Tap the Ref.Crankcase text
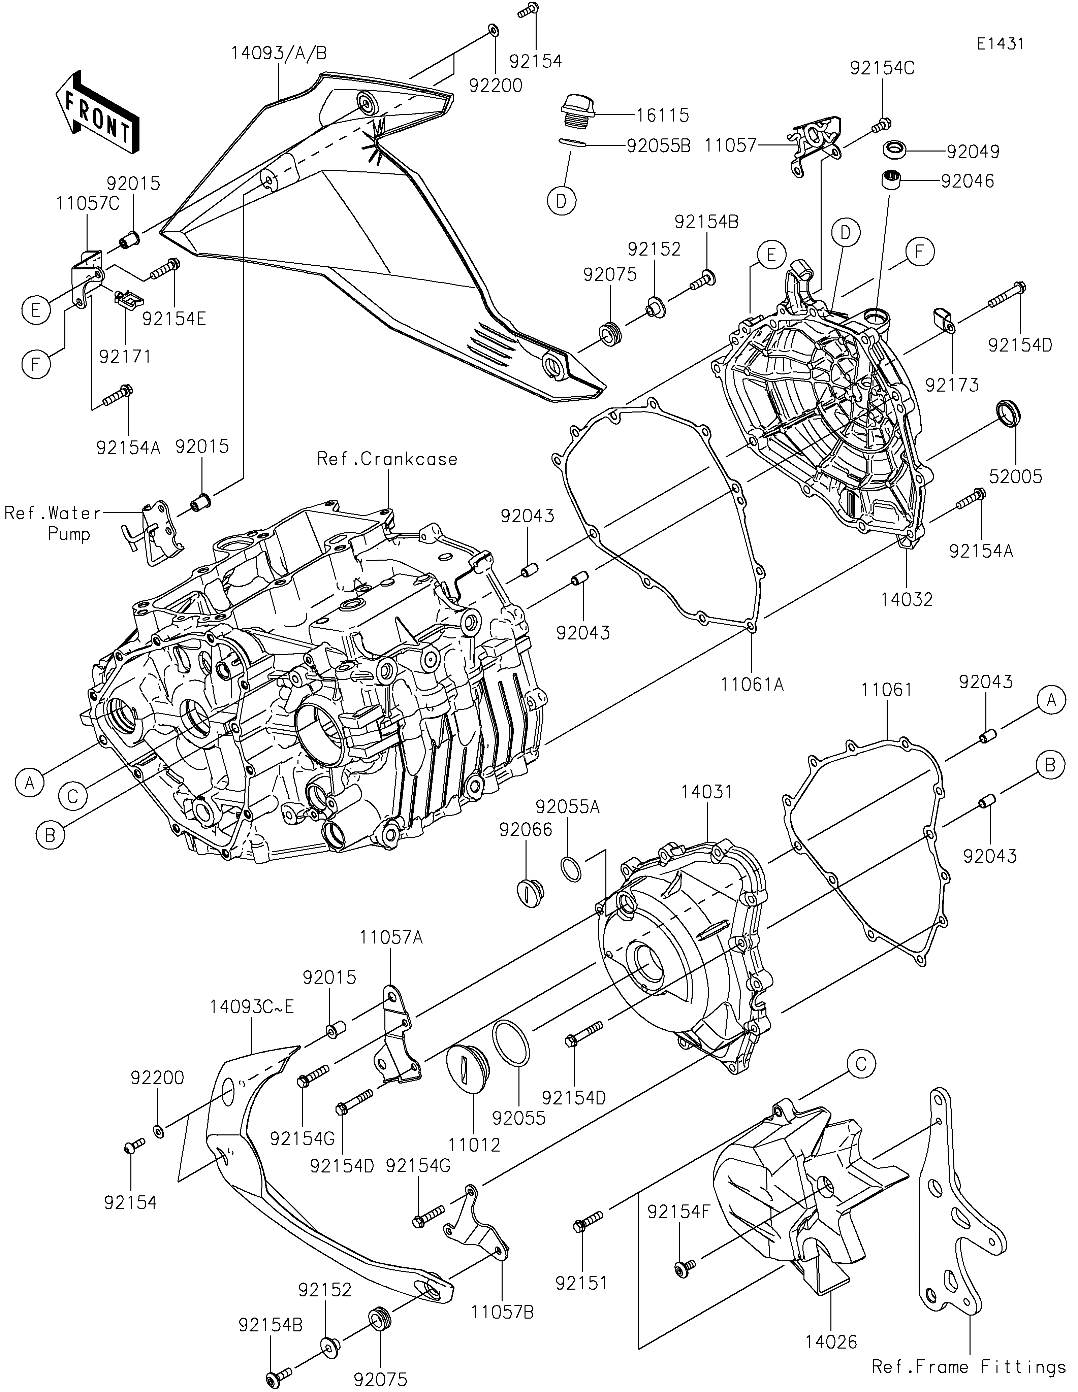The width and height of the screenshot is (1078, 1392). point(387,459)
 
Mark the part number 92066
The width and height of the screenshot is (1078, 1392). point(526,830)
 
